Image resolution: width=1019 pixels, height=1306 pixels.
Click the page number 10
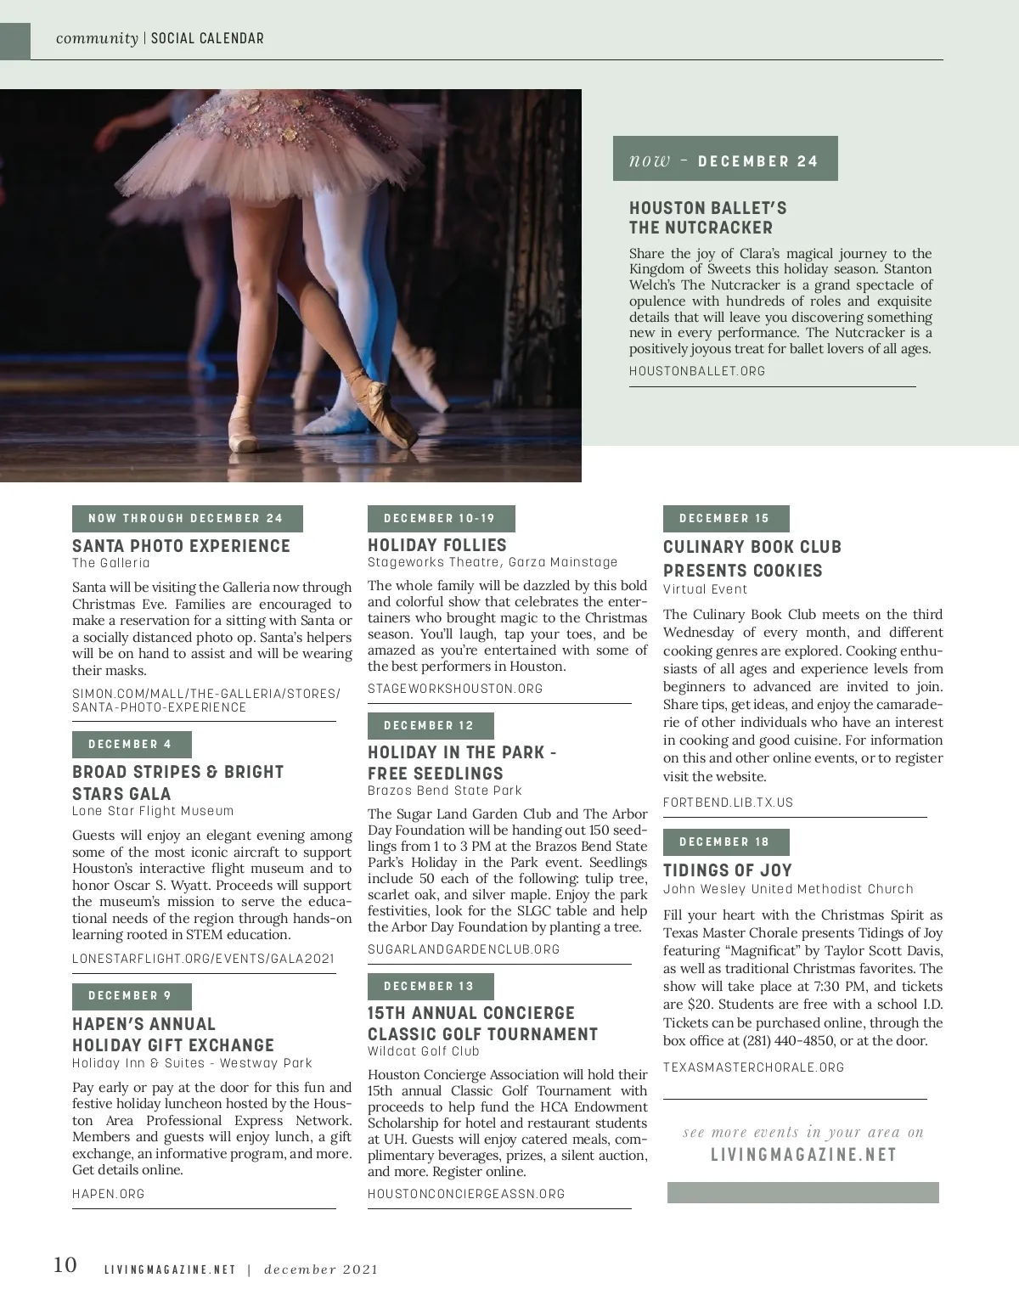65,1265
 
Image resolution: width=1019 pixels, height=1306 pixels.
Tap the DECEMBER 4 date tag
131,745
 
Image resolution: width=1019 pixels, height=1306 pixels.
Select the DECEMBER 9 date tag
131,996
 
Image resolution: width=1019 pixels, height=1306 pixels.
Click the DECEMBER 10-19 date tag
440,519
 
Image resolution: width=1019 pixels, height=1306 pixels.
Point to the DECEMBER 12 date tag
430,726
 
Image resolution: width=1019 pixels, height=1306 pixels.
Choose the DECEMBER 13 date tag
430,987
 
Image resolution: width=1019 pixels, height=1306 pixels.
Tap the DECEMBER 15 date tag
725,519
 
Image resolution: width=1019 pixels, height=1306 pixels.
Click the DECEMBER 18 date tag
725,842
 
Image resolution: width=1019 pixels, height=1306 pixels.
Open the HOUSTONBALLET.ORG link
697,371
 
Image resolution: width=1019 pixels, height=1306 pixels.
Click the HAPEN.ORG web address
109,1194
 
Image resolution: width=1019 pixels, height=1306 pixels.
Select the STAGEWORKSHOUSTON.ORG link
455,689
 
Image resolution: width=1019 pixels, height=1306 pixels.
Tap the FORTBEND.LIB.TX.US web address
728,802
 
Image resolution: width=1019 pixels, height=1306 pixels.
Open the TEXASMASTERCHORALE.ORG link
753,1067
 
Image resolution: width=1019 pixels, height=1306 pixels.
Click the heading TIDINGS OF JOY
728,870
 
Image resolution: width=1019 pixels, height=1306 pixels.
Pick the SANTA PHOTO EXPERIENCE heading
181,546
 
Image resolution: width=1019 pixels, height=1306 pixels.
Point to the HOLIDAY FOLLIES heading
437,545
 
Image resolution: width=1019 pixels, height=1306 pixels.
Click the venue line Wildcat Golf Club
424,1051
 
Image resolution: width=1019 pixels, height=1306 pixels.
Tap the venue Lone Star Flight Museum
153,811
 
